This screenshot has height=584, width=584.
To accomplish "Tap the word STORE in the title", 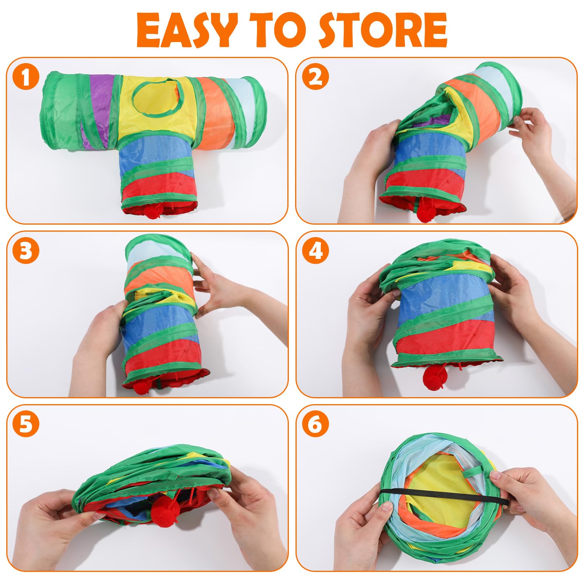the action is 382,30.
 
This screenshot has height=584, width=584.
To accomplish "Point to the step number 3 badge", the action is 26,252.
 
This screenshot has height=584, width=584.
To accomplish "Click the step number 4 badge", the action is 315,252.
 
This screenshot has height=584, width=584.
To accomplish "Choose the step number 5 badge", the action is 26,425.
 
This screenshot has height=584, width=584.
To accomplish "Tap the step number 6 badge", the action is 315,425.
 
